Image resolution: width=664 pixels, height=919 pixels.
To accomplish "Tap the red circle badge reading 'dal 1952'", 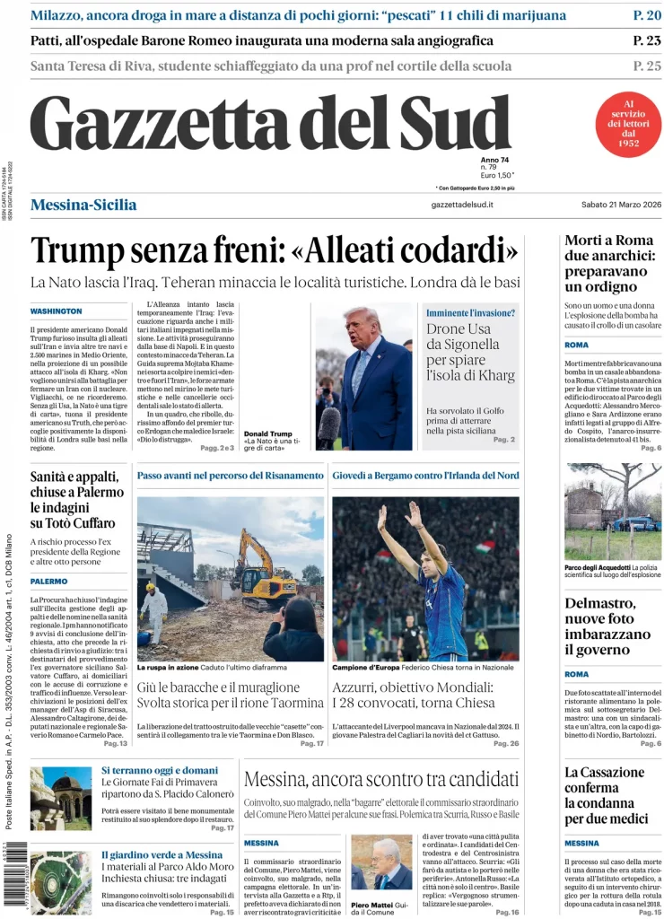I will tap(628, 125).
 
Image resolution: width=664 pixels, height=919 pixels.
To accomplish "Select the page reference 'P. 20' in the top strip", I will tap(646, 15).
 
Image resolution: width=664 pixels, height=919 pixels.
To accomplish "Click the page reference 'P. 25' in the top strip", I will tap(646, 66).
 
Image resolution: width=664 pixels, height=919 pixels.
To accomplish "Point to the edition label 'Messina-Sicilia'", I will tap(83, 205).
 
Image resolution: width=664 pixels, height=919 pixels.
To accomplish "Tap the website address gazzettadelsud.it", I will tap(462, 206).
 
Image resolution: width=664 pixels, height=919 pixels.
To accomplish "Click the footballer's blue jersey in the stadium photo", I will tap(445, 610).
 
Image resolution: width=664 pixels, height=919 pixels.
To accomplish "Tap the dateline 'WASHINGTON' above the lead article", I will tap(56, 311).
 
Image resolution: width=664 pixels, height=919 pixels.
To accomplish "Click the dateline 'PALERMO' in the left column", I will tap(48, 582).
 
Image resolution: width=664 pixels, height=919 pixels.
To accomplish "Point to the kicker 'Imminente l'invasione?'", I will tap(470, 313).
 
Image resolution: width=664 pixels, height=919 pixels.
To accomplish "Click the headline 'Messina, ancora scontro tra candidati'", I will tap(380, 778).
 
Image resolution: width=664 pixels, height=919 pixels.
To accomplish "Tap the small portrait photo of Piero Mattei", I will tap(380, 862).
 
